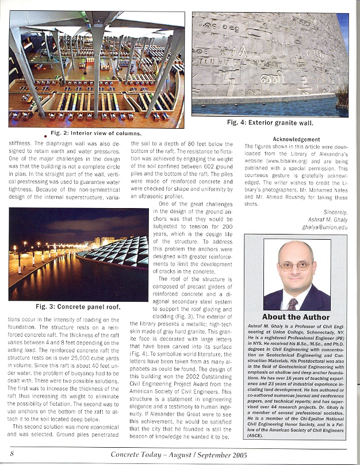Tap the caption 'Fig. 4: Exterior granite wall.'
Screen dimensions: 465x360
(270, 122)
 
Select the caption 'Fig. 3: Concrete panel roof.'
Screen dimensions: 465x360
(78, 306)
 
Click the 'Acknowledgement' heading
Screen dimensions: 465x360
(296, 140)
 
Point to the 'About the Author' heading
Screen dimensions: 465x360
(296, 317)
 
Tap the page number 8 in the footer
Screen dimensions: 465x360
(12, 454)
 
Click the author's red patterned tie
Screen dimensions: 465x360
(293, 303)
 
